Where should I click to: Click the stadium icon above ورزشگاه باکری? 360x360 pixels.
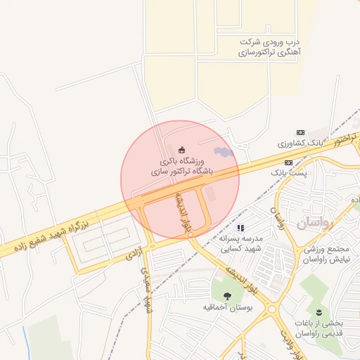click(182, 148)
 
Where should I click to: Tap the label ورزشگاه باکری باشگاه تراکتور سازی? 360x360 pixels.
click(181, 166)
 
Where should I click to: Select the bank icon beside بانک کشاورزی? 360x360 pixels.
click(300, 132)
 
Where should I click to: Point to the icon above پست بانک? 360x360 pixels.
click(288, 162)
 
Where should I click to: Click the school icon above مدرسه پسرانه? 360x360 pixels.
click(240, 228)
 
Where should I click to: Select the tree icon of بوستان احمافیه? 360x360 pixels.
click(227, 297)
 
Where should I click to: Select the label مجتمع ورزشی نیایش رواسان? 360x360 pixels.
click(331, 255)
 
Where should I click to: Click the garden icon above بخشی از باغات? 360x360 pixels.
click(320, 311)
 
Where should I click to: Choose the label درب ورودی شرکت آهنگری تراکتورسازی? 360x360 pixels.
click(269, 47)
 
